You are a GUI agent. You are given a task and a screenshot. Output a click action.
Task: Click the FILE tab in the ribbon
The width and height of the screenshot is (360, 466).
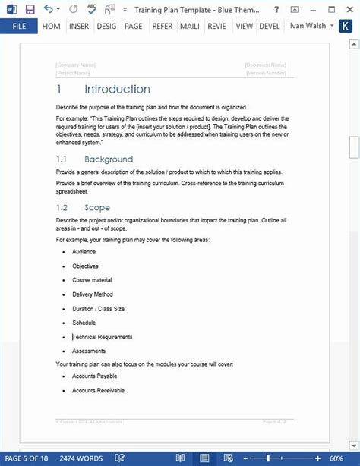[18, 25]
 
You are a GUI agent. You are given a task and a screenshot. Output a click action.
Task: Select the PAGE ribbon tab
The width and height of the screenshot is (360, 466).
[134, 25]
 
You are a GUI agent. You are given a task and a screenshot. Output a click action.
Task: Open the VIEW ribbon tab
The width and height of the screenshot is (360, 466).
[245, 25]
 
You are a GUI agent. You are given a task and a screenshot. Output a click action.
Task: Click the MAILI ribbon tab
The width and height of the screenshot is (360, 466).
[189, 25]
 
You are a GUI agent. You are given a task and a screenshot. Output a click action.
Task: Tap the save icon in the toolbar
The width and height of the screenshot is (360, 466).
[30, 9]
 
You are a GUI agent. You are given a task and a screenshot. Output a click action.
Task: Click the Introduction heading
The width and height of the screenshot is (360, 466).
[117, 90]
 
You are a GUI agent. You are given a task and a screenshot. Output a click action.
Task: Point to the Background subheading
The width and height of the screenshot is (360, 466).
[109, 159]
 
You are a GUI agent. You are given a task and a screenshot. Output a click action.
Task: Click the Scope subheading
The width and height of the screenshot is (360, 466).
[97, 207]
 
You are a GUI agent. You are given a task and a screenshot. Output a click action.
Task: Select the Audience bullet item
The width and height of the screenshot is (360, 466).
[84, 251]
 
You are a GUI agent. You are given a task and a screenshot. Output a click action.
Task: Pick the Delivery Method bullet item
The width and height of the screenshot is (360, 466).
[93, 294]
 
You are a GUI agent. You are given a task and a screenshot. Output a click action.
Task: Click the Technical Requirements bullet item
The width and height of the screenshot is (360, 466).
[103, 337]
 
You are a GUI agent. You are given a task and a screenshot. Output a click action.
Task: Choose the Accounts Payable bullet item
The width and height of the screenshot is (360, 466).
[95, 376]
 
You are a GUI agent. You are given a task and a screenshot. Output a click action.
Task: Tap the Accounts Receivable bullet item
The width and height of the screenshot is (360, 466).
[98, 390]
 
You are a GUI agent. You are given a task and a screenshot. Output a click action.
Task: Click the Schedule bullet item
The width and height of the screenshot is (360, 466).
[84, 323]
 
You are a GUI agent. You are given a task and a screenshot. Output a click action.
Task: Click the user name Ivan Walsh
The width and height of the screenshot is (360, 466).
[308, 25]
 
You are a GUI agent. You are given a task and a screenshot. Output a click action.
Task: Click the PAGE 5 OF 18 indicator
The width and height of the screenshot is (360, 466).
[27, 458]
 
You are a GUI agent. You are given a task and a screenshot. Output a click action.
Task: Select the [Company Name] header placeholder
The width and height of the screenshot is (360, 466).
[76, 65]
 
